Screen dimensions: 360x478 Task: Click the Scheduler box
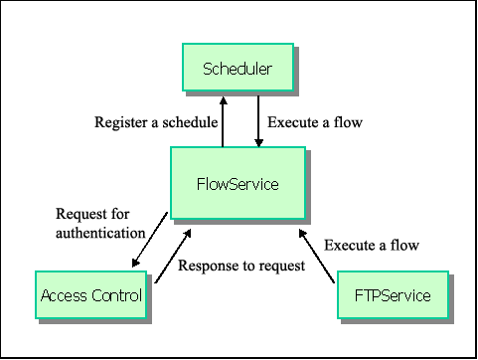point(237,69)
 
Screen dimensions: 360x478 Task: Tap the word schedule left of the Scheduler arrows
point(189,122)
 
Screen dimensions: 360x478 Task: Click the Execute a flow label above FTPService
point(372,245)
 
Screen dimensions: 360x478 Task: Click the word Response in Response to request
point(209,267)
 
